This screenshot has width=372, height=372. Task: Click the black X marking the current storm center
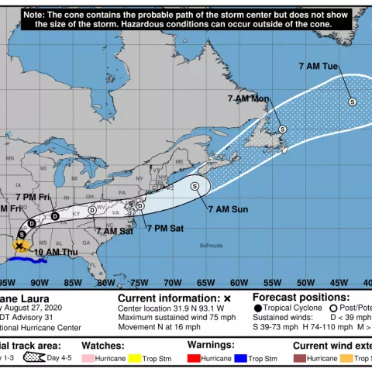click(x=19, y=245)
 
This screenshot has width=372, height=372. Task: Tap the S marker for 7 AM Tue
click(x=351, y=102)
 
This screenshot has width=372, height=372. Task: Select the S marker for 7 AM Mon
click(x=283, y=129)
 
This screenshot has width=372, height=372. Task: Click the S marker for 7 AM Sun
click(x=195, y=186)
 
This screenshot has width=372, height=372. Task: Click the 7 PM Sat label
click(x=165, y=228)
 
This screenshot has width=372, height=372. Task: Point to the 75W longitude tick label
click(x=139, y=283)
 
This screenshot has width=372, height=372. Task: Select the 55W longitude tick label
click(x=273, y=283)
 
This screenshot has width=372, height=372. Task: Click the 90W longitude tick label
click(x=40, y=283)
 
